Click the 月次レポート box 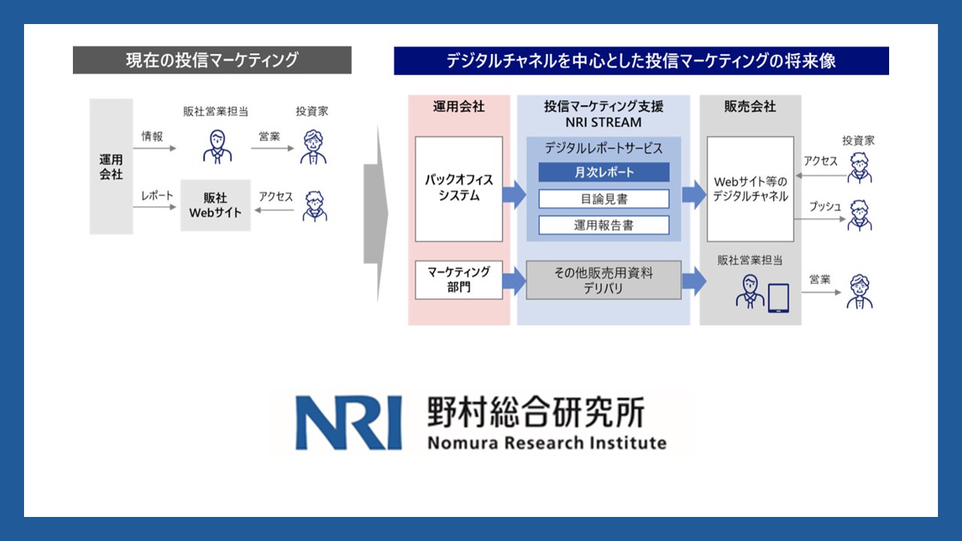pos(604,172)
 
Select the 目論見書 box pos(604,198)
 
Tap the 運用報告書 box pos(604,225)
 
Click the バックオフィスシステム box pos(458,189)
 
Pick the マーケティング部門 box pos(458,280)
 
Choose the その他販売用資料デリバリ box pos(604,280)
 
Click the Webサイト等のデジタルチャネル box pos(750,189)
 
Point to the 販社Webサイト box pos(216,205)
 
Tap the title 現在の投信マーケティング pos(212,60)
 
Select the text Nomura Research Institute pos(547,442)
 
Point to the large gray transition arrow pos(375,214)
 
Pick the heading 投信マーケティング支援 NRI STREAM pos(604,113)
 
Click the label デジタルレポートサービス pos(604,148)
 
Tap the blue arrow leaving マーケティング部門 pos(514,280)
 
